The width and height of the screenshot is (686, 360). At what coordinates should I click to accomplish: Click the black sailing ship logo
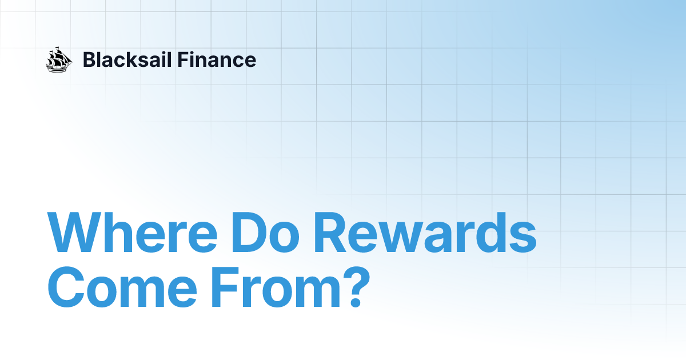tap(59, 59)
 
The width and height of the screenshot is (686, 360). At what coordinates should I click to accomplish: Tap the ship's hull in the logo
tap(58, 67)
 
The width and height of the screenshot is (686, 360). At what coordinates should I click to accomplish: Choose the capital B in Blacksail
tap(89, 59)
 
